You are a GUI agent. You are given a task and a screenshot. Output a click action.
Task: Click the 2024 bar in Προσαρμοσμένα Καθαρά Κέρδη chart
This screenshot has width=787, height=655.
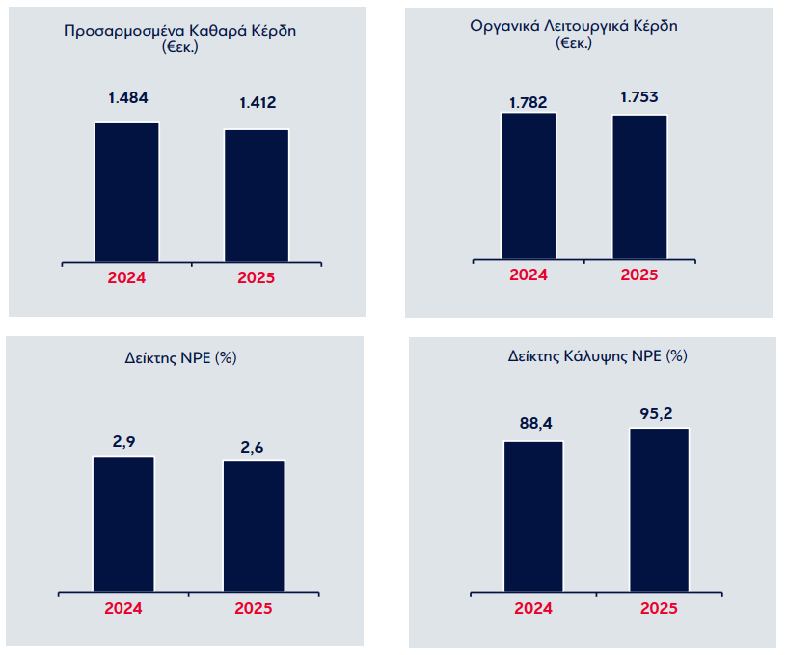127,192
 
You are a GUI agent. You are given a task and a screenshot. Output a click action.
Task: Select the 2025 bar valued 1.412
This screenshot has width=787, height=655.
257,196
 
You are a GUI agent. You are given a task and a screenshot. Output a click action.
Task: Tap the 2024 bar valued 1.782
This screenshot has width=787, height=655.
529,186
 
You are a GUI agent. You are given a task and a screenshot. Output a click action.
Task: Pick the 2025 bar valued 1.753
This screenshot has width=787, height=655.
640,187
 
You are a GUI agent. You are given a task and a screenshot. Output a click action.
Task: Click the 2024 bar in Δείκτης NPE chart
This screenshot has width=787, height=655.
124,524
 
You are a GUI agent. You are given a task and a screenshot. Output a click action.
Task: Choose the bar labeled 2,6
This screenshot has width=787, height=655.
254,527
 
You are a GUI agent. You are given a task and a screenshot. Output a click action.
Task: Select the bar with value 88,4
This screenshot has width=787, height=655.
533,516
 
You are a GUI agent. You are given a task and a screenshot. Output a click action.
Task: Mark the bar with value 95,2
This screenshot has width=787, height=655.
660,511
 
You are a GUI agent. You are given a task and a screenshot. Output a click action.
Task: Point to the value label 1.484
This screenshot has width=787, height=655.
128,97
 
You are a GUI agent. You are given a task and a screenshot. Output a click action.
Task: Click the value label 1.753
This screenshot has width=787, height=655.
638,96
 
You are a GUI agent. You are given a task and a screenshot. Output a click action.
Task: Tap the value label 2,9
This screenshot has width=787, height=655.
124,442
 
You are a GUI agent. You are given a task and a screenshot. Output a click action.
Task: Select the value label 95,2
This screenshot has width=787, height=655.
656,414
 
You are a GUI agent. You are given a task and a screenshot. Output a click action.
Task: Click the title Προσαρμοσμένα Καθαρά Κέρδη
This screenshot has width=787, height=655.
179,31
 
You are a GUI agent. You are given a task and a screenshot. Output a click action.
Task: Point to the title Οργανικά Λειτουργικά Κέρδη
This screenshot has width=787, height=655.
574,26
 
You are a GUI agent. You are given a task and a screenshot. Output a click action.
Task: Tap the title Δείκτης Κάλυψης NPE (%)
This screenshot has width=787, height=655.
597,356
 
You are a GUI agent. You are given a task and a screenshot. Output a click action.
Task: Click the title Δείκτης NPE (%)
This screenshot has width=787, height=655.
180,357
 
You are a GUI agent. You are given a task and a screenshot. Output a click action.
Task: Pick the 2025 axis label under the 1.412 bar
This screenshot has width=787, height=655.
256,277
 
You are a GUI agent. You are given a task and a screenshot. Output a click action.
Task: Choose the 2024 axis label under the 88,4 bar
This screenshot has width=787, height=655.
533,608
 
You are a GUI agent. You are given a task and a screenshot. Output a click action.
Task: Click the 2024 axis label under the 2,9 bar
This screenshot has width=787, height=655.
123,608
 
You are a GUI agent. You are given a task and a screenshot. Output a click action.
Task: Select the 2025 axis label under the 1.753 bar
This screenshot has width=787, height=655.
638,275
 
